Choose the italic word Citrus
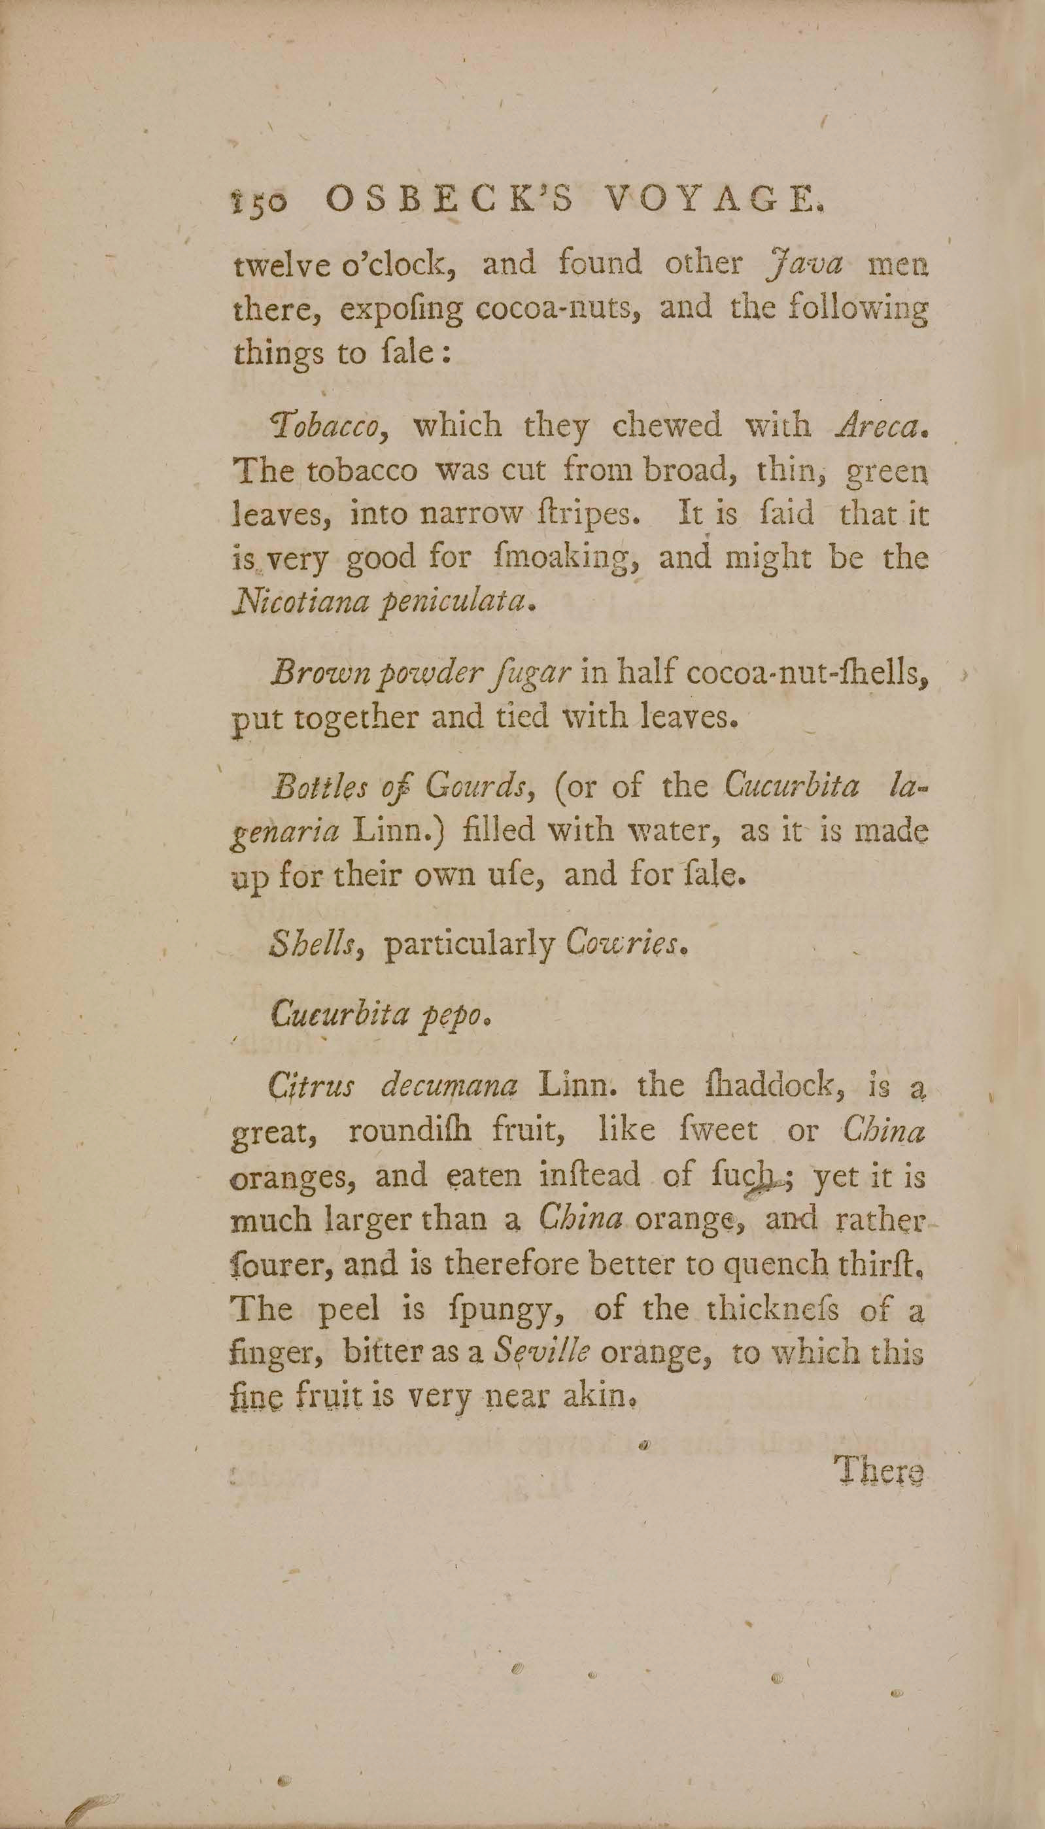311,1086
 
